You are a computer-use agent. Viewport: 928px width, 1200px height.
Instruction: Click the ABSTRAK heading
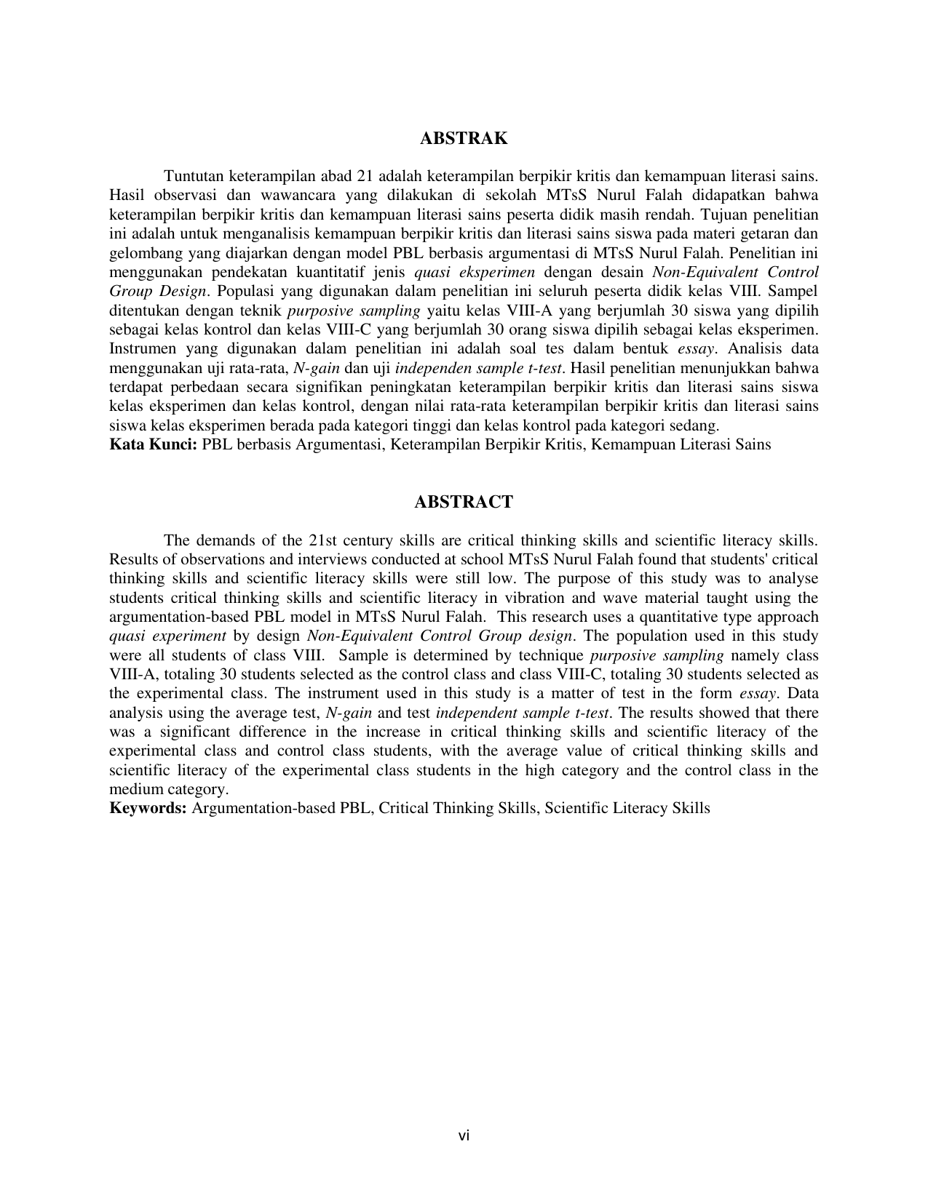click(464, 138)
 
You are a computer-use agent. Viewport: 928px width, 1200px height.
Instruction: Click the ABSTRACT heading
click(464, 502)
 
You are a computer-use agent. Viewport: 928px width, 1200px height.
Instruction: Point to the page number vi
click(464, 1135)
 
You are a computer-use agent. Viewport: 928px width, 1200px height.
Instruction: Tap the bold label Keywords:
click(148, 808)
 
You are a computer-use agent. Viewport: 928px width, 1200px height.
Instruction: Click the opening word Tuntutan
click(194, 176)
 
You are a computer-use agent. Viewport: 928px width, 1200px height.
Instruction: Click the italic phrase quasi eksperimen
click(475, 272)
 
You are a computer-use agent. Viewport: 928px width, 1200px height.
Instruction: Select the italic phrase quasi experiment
click(167, 636)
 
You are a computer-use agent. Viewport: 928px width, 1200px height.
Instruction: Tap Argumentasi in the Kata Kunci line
click(338, 444)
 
